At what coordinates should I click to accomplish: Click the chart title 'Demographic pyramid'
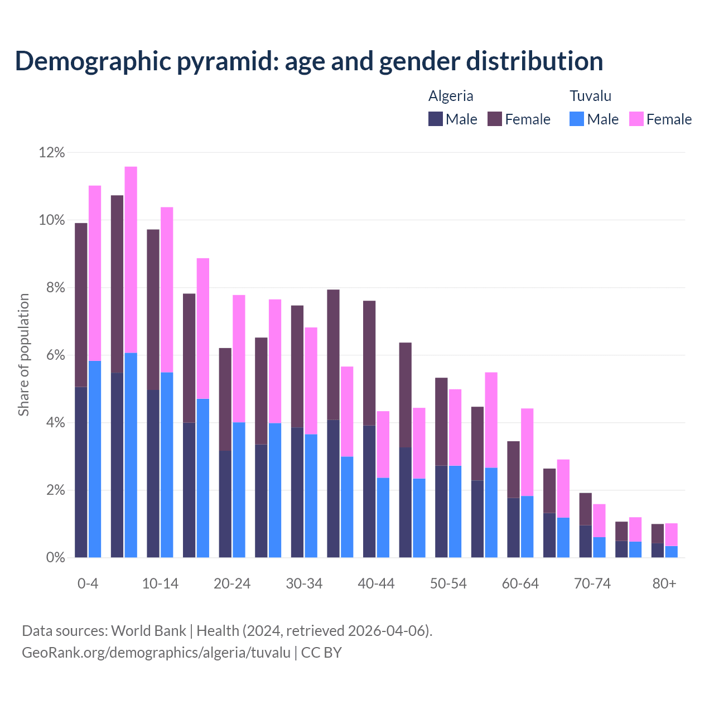pyautogui.click(x=308, y=61)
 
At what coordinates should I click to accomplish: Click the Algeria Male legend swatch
pyautogui.click(x=435, y=119)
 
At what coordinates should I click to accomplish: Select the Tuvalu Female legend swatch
pyautogui.click(x=636, y=119)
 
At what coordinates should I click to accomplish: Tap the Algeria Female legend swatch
pyautogui.click(x=495, y=119)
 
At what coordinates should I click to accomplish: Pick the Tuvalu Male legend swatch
pyautogui.click(x=577, y=119)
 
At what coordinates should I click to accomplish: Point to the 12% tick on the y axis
pyautogui.click(x=51, y=152)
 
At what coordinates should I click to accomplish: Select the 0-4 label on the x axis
pyautogui.click(x=88, y=583)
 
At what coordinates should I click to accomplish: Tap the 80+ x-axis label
pyautogui.click(x=664, y=583)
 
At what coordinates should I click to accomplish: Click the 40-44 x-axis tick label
pyautogui.click(x=376, y=583)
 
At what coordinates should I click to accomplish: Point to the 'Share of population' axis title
pyautogui.click(x=23, y=355)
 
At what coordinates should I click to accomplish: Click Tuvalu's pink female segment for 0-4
pyautogui.click(x=95, y=273)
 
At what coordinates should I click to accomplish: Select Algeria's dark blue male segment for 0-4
pyautogui.click(x=81, y=472)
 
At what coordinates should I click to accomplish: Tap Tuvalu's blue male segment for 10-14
pyautogui.click(x=167, y=465)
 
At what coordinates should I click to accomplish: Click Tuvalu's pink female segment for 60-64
pyautogui.click(x=527, y=452)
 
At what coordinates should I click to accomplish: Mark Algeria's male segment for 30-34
pyautogui.click(x=297, y=493)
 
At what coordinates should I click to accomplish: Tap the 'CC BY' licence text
pyautogui.click(x=321, y=653)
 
